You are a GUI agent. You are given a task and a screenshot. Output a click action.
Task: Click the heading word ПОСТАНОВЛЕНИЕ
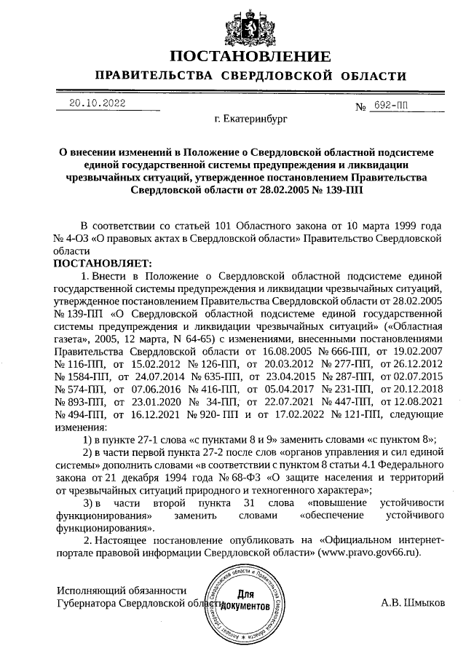[x=250, y=58]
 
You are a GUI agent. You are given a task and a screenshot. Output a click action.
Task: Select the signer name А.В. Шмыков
[x=414, y=603]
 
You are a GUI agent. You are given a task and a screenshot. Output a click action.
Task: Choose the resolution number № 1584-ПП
[x=79, y=377]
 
